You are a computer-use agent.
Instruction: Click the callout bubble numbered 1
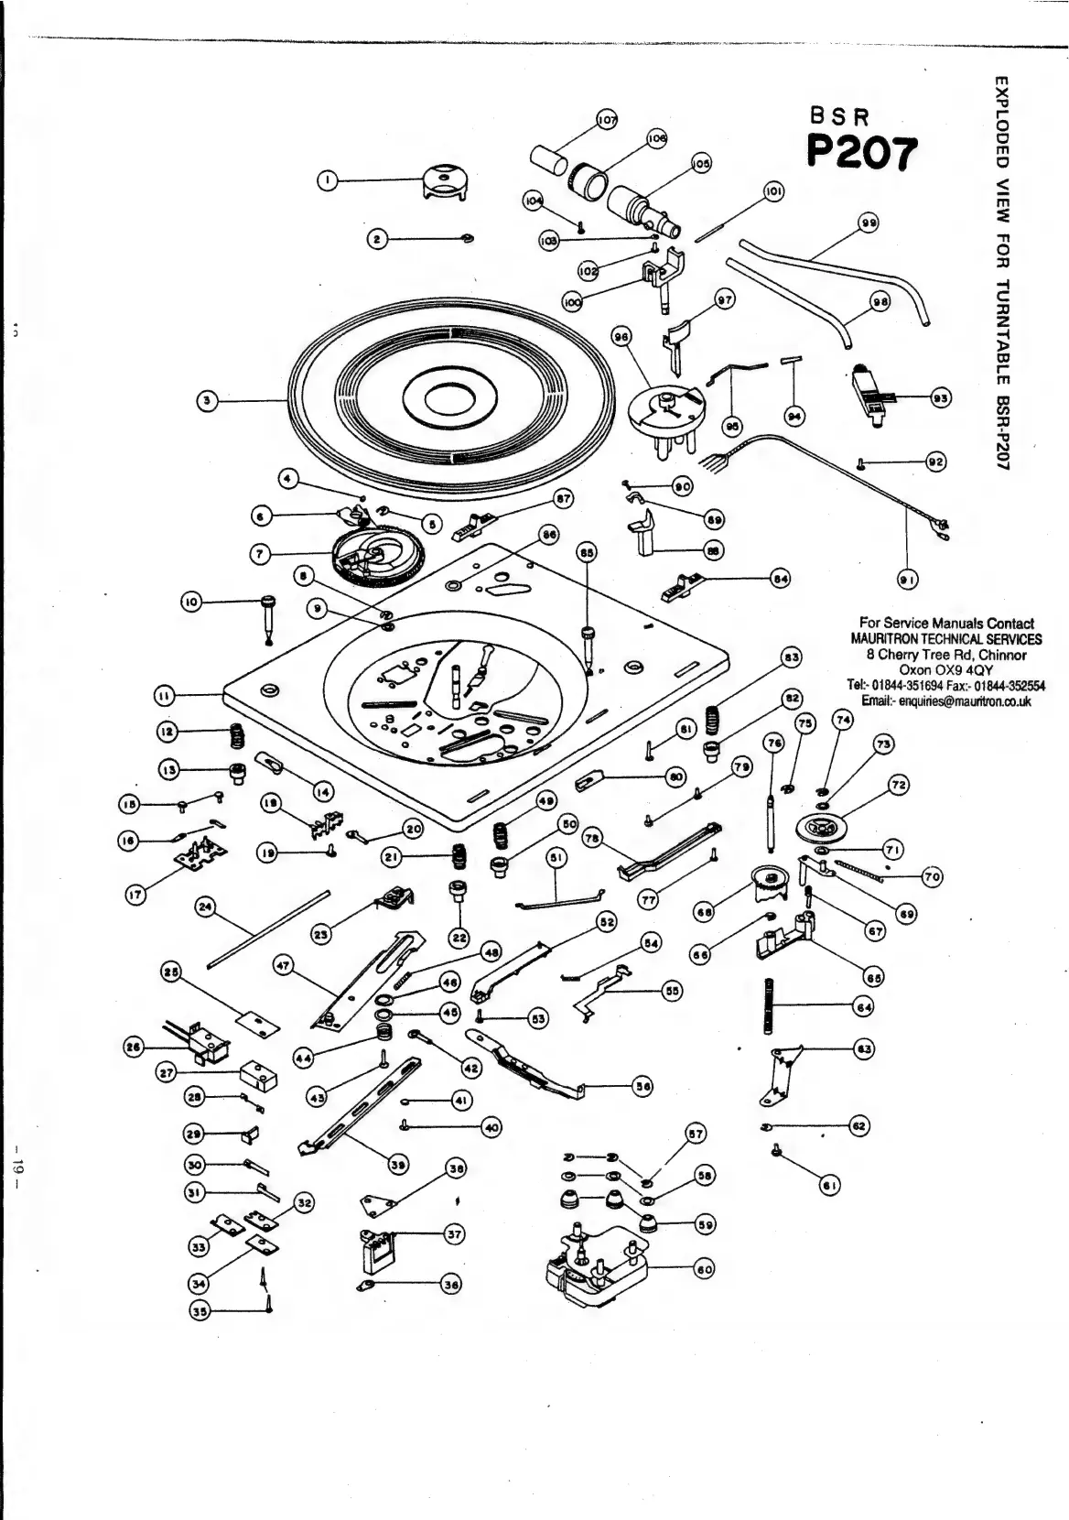pyautogui.click(x=324, y=181)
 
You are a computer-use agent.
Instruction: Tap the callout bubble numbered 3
pyautogui.click(x=208, y=400)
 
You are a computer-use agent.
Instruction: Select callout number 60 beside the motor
pyautogui.click(x=703, y=1268)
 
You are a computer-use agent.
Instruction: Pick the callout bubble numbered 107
pyautogui.click(x=607, y=119)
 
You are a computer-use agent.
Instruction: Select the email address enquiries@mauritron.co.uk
pyautogui.click(x=946, y=700)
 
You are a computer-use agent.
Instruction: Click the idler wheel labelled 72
pyautogui.click(x=824, y=828)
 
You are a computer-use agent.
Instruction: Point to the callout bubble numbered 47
pyautogui.click(x=283, y=964)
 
